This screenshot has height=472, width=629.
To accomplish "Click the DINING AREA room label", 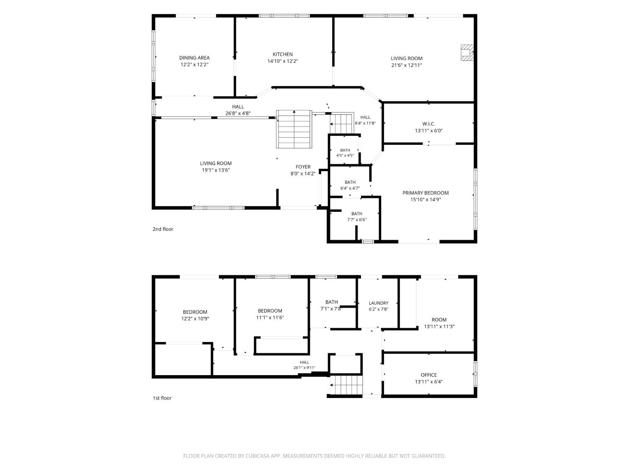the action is point(194,58).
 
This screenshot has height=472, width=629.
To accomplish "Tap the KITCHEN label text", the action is point(283,55).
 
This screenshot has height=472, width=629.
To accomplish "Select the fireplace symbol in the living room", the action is point(467,52).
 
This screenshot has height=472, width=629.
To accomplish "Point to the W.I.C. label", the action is point(429,124).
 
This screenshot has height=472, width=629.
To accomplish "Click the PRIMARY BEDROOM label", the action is point(426,193).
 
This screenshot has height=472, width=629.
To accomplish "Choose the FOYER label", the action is point(303,167).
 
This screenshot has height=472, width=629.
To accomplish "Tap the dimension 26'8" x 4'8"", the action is point(238,113).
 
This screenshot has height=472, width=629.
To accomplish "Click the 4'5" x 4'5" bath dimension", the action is point(345,156).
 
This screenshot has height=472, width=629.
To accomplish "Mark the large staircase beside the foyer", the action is point(294,129).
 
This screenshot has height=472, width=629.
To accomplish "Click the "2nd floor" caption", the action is point(163,229).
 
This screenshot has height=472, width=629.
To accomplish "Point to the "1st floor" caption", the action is point(162,398).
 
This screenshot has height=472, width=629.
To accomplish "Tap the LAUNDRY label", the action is point(379,303).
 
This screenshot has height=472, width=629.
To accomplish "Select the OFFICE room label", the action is point(429,375).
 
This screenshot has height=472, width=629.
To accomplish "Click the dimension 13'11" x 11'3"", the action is point(439,327).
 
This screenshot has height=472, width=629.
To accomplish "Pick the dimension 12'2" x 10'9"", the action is point(195,319).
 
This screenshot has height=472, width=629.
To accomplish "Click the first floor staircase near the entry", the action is point(346,385).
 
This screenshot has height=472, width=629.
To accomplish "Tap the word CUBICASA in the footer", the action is point(257,456).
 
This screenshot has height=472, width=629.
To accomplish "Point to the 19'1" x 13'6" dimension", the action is point(216,170).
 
